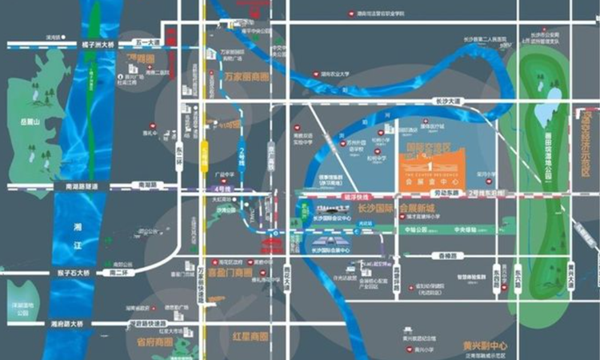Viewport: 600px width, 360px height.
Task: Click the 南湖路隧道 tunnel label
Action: (x=77, y=186)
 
